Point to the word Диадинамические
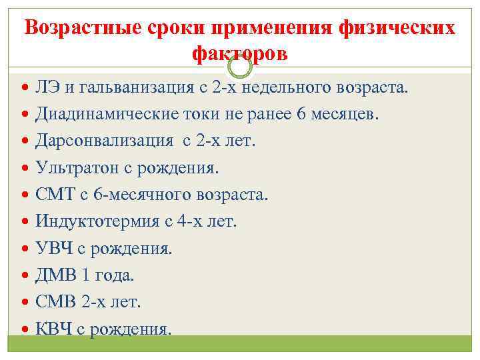tap(107, 115)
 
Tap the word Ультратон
tap(79, 168)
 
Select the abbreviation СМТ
tap(55, 195)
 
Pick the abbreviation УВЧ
tap(55, 248)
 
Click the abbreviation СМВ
tap(55, 301)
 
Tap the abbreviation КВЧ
tap(55, 328)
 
